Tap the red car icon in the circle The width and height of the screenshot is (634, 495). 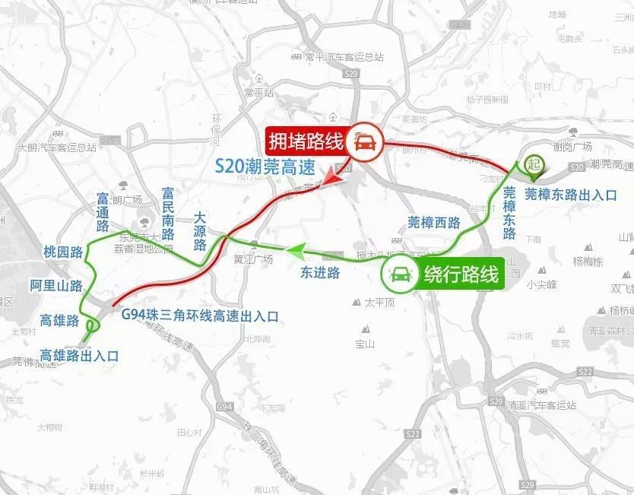coord(363,141)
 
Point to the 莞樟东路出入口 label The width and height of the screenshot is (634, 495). coord(571,195)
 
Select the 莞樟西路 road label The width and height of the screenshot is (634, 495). coord(434,223)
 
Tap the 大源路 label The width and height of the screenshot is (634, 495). coord(201,231)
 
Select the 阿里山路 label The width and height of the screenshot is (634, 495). coord(55,286)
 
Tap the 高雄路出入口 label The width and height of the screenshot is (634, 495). coord(80,355)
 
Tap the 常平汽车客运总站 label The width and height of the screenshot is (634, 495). coord(344,58)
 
